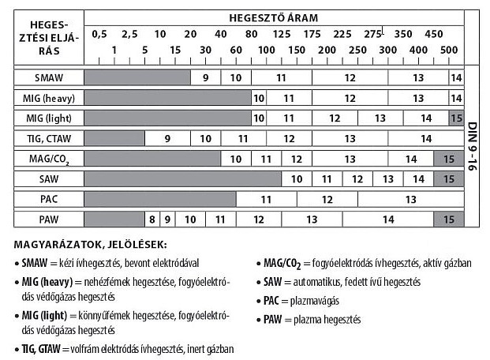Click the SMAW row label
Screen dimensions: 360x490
49,77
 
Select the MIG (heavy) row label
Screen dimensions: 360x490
49,98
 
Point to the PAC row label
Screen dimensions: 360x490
49,199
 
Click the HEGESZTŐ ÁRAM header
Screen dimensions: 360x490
274,17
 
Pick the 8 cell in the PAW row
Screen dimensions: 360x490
151,219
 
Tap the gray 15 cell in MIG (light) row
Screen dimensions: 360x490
455,118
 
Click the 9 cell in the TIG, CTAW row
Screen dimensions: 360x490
168,138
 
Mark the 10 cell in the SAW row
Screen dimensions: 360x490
297,179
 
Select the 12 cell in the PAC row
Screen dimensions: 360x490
327,199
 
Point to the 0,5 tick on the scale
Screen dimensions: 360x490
99,34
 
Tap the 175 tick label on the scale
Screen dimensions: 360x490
312,34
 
